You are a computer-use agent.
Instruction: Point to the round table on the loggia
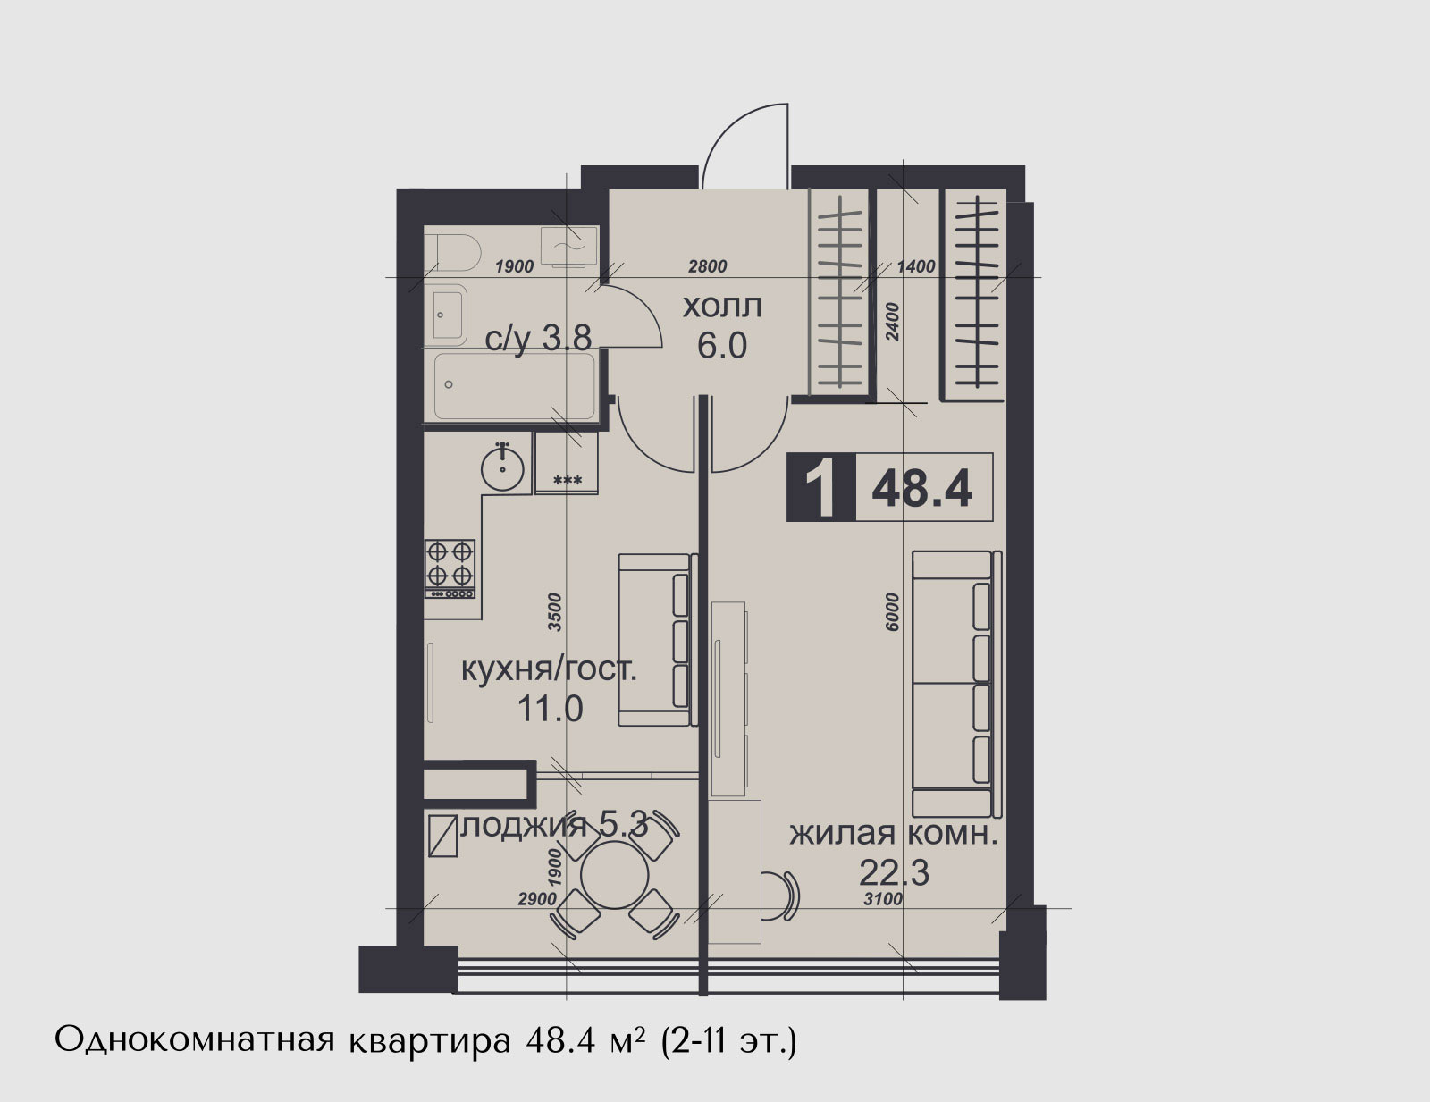615,876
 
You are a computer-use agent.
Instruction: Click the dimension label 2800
708,266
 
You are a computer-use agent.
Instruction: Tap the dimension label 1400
916,266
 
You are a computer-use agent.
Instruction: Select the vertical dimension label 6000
892,612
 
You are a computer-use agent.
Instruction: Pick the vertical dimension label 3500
555,612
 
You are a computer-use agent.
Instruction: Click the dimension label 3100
883,899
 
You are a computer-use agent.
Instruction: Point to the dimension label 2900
538,899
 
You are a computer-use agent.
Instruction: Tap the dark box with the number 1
821,487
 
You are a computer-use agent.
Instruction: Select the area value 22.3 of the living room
894,873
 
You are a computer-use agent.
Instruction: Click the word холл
722,307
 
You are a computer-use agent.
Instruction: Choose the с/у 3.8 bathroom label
538,339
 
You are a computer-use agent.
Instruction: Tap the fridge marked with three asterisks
567,462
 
